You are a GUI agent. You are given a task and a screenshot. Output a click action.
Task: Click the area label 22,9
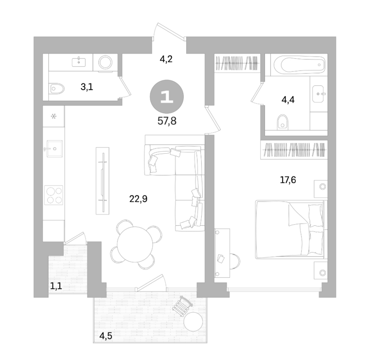138,199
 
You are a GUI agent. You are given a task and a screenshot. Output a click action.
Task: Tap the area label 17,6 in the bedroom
288,180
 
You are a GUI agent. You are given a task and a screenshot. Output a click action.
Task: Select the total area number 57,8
167,121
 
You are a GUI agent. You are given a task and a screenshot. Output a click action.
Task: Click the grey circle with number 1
167,97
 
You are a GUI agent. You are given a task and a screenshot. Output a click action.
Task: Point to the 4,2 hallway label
166,59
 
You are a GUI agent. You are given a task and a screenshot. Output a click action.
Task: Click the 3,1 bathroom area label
87,87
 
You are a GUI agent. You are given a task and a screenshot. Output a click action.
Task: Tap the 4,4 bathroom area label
288,100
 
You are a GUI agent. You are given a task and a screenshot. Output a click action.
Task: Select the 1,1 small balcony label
56,286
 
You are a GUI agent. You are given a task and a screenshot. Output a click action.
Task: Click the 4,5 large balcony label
105,336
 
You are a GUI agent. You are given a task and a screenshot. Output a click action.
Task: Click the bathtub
299,65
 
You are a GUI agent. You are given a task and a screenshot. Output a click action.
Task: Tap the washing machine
105,62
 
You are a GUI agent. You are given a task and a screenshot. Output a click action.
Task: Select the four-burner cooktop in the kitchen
54,195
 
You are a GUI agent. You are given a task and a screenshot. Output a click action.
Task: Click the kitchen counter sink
55,149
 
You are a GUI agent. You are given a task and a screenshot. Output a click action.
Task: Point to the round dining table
135,244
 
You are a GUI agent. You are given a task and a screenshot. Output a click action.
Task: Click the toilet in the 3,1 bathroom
57,88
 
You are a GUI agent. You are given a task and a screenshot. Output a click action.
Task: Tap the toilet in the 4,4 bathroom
283,122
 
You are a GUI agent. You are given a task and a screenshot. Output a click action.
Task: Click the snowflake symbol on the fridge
54,116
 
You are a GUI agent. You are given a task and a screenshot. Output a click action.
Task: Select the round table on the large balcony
193,321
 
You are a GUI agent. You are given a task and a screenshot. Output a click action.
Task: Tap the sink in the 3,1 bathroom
79,62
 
